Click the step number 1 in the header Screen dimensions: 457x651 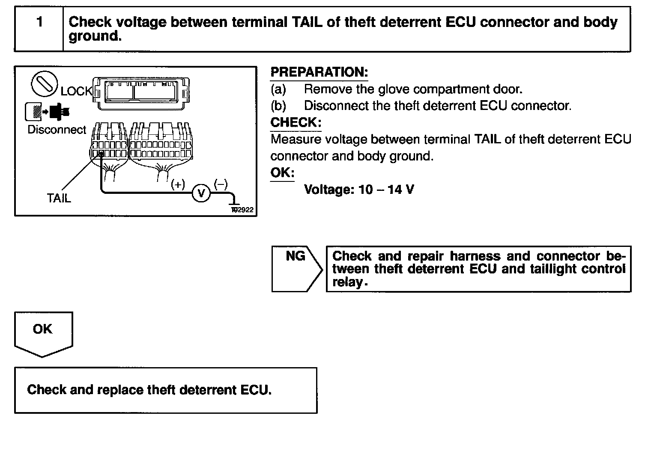[x=39, y=22]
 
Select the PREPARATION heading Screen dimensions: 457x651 [x=319, y=72]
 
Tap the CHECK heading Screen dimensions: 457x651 [x=296, y=123]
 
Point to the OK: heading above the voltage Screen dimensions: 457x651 [x=282, y=173]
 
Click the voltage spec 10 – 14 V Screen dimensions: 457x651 [x=359, y=190]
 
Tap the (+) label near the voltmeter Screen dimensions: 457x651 [x=178, y=184]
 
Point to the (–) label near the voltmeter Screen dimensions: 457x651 [x=221, y=184]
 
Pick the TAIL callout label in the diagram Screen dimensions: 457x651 [x=59, y=198]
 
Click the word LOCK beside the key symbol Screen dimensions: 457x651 [x=76, y=91]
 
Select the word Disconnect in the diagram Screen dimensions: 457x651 [x=57, y=130]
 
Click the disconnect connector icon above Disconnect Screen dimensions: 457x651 [x=47, y=112]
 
